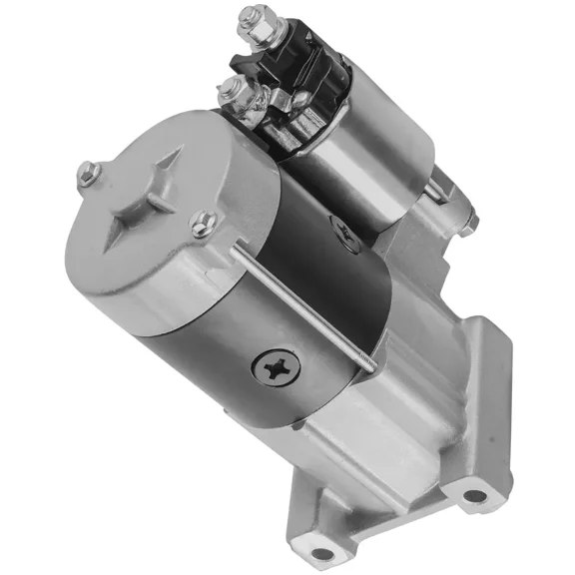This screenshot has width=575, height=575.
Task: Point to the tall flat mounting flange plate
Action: click(489, 399)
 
